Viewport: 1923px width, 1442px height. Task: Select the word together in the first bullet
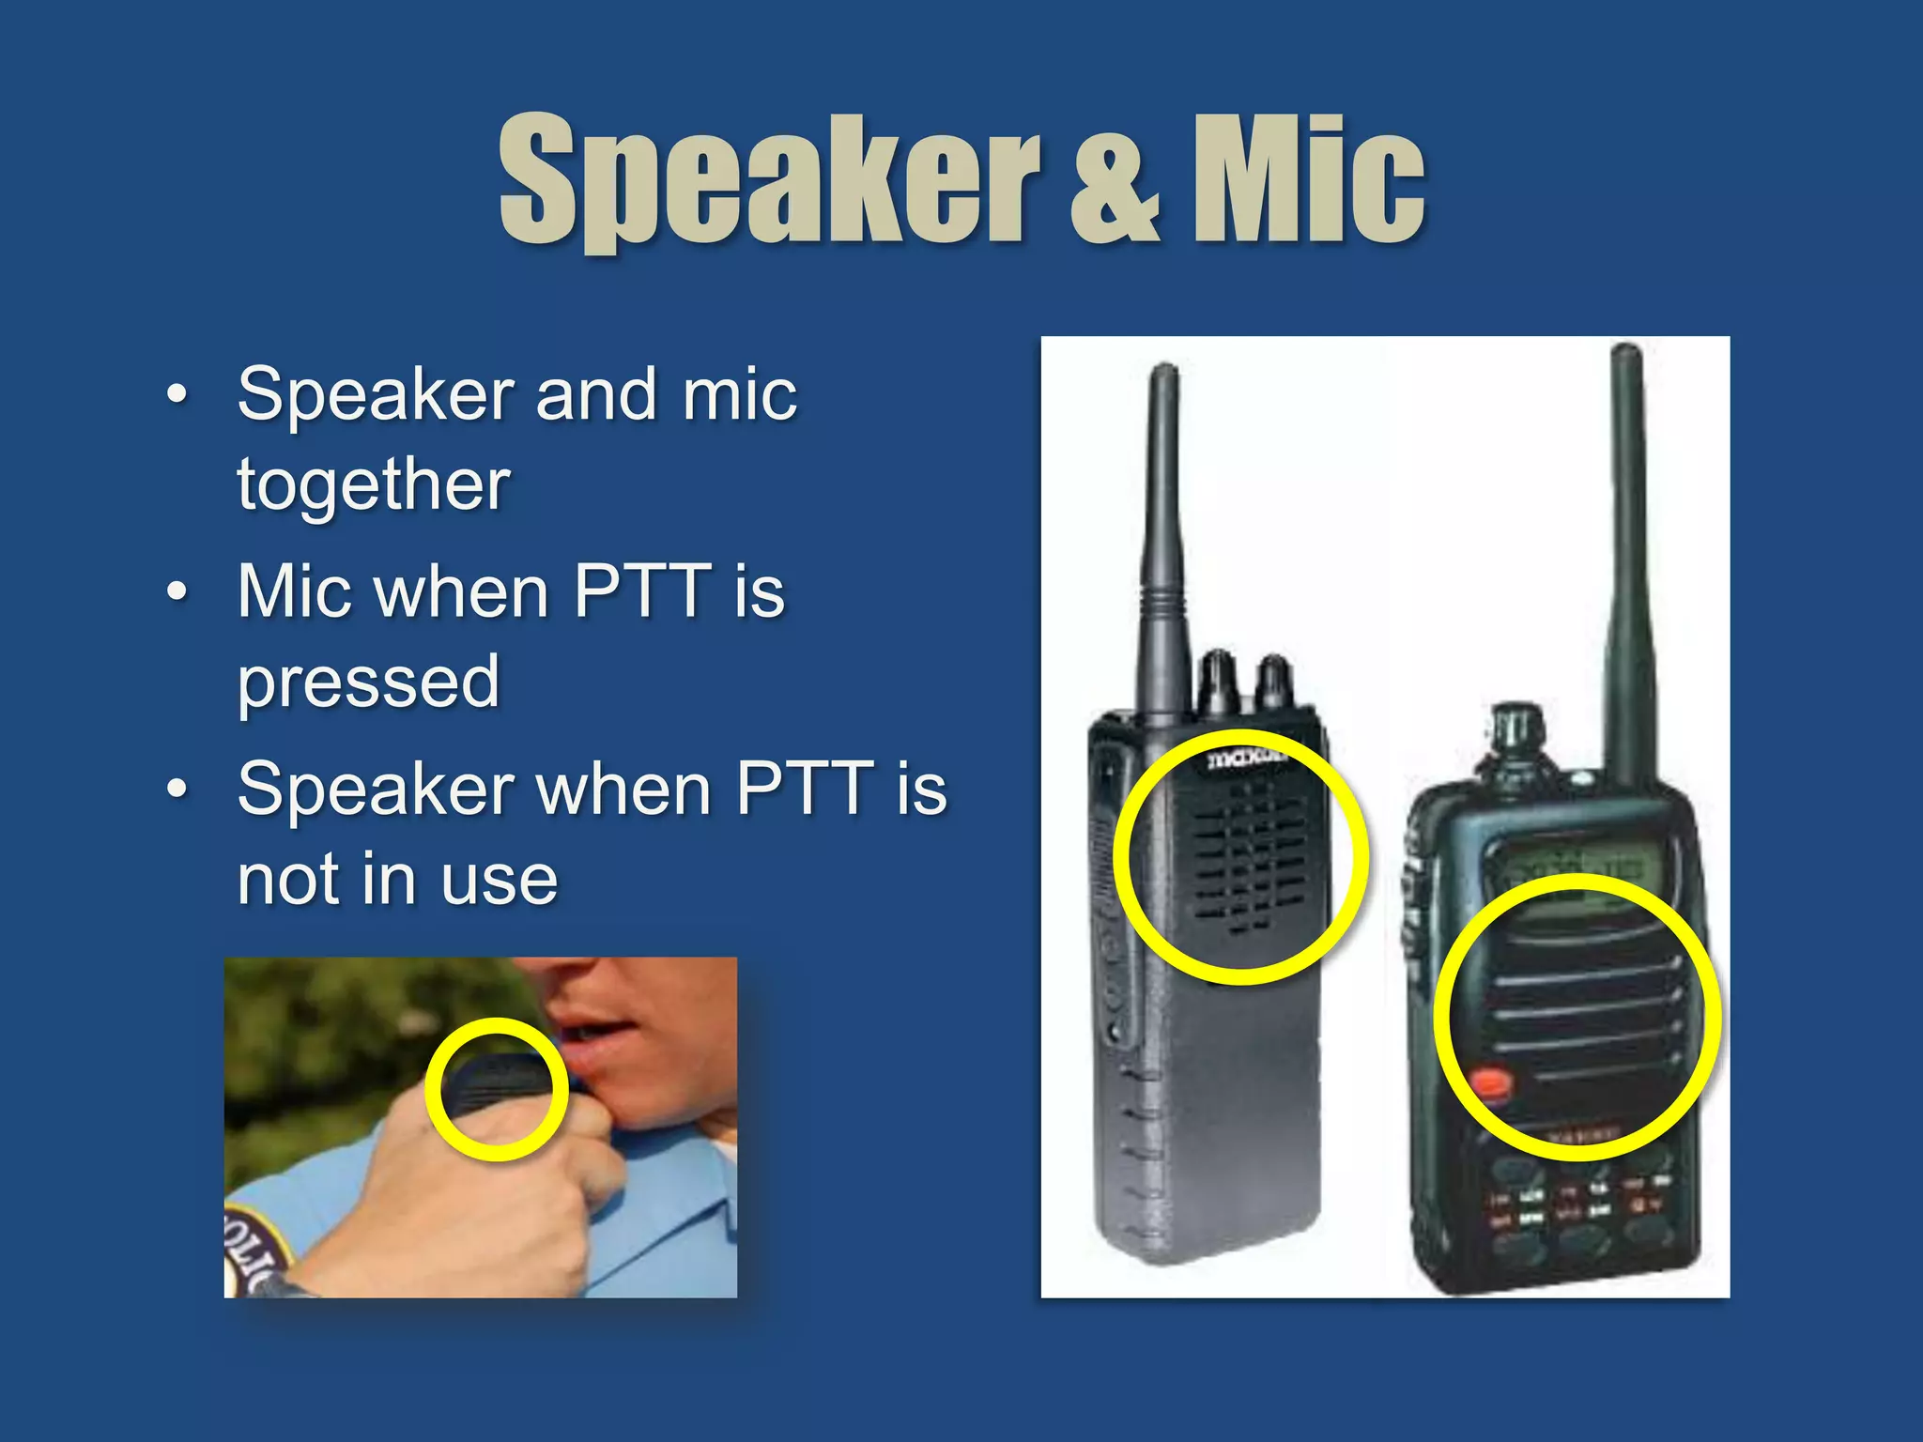click(373, 484)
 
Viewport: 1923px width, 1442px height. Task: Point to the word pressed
click(368, 683)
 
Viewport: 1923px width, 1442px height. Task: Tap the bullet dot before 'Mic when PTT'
click(176, 592)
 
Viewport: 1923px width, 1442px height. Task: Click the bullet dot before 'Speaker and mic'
click(176, 394)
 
